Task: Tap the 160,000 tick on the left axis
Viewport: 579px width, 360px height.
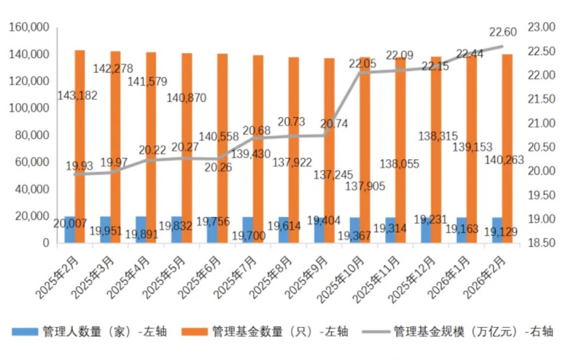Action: tap(28, 27)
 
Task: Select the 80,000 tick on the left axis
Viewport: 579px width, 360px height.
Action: tap(31, 135)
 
